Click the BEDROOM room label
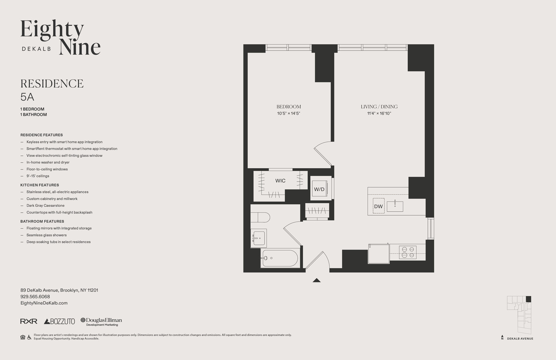tap(288, 107)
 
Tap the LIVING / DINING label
tap(379, 107)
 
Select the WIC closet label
tap(280, 181)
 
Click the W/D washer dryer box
tap(319, 189)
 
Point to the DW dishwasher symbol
tap(378, 207)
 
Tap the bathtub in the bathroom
tap(280, 258)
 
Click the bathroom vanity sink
tap(259, 238)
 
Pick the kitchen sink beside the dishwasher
tap(395, 206)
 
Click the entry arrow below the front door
tap(316, 280)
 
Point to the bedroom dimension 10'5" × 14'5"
tap(288, 113)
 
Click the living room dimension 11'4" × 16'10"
tap(379, 113)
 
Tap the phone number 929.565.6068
tap(35, 297)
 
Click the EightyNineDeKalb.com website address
tap(44, 303)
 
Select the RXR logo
tap(29, 321)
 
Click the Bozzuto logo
tap(59, 321)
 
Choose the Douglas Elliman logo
tap(101, 321)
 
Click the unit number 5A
tap(27, 97)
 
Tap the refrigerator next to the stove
tap(378, 254)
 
